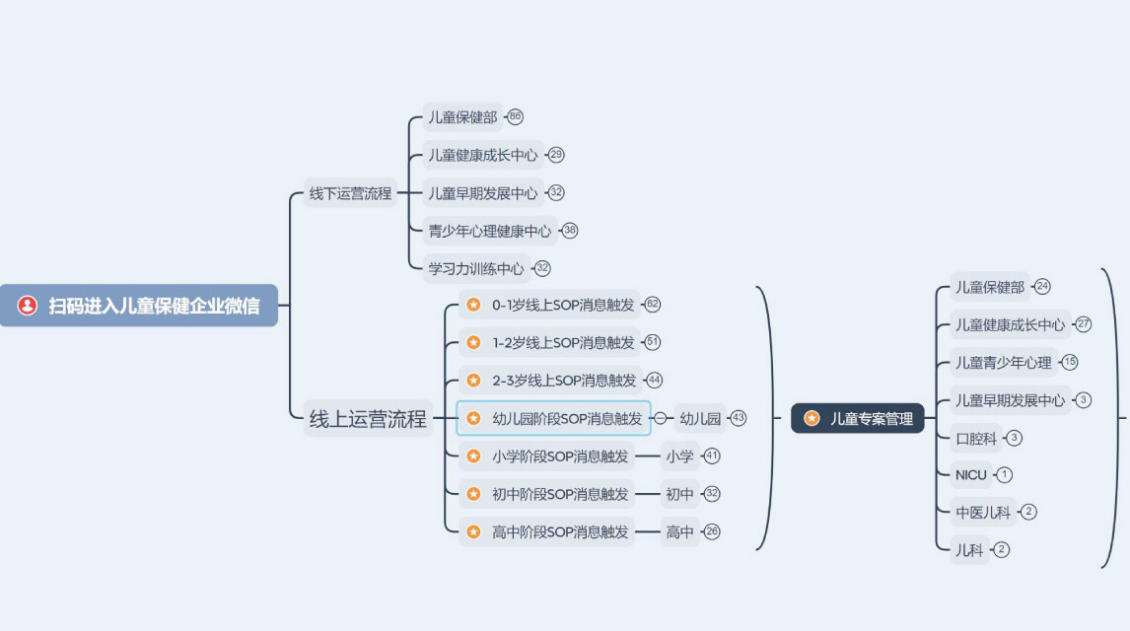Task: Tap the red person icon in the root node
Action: pyautogui.click(x=28, y=306)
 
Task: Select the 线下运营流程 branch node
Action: pyautogui.click(x=350, y=193)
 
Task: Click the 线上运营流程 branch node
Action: pyautogui.click(x=368, y=419)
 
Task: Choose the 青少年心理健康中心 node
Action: pyautogui.click(x=489, y=231)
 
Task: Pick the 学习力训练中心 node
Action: pyautogui.click(x=475, y=268)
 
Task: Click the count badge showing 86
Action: pyautogui.click(x=515, y=117)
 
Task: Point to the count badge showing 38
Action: pyautogui.click(x=570, y=231)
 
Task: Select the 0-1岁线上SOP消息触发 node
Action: pyautogui.click(x=562, y=305)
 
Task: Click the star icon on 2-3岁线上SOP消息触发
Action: pyautogui.click(x=473, y=381)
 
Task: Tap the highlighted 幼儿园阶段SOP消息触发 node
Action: pyautogui.click(x=554, y=418)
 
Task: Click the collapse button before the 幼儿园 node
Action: pyautogui.click(x=660, y=418)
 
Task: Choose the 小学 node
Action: pyautogui.click(x=679, y=456)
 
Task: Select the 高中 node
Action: pyautogui.click(x=679, y=532)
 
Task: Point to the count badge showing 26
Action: pyautogui.click(x=712, y=532)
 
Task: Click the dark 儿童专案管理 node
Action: pyautogui.click(x=857, y=418)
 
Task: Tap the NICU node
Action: pyautogui.click(x=970, y=475)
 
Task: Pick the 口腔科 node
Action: pyautogui.click(x=975, y=438)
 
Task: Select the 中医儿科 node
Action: pyautogui.click(x=982, y=512)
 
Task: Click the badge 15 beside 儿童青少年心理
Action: pyautogui.click(x=1070, y=362)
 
